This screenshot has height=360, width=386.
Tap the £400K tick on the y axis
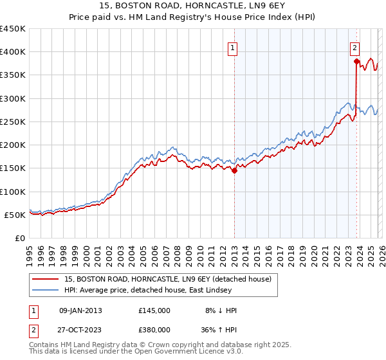[x=13, y=52]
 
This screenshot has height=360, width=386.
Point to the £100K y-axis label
[x=13, y=192]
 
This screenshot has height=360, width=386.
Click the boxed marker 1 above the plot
[x=232, y=47]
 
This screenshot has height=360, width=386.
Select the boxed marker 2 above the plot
[x=354, y=47]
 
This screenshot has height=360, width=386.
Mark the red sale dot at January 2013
[x=234, y=170]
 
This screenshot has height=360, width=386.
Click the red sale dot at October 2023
[x=356, y=62]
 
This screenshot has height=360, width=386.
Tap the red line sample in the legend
[x=46, y=279]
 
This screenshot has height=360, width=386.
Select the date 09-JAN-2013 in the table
[x=80, y=310]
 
